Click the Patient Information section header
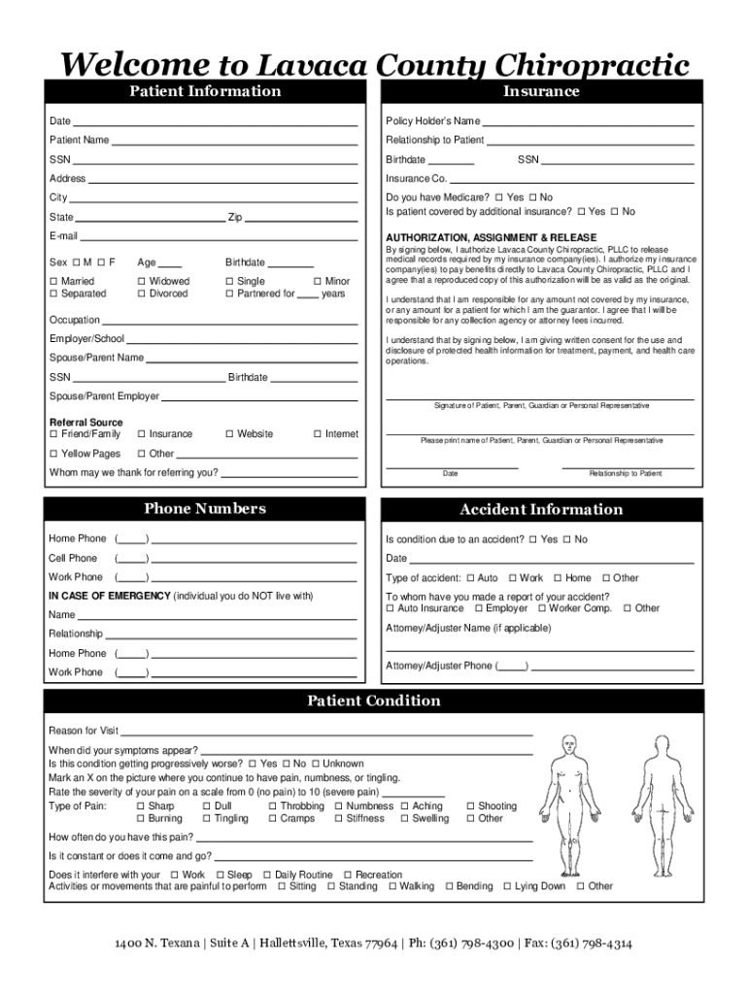[205, 91]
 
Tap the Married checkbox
[53, 281]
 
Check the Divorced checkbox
[141, 293]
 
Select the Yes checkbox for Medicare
[498, 197]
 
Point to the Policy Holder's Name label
[432, 121]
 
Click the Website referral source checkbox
[228, 434]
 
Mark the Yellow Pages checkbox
[53, 454]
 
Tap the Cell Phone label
[73, 558]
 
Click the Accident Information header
[541, 509]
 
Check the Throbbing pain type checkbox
[273, 806]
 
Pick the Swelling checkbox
[404, 819]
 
